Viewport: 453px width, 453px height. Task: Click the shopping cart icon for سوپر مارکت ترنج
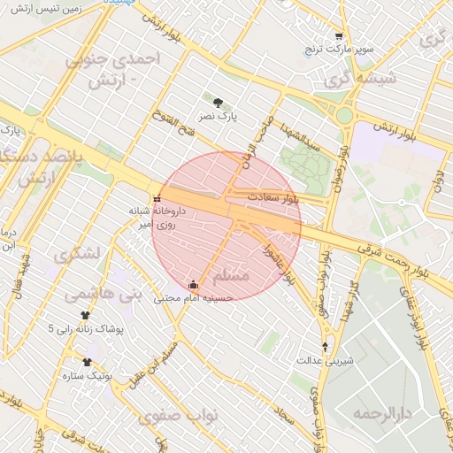point(339,36)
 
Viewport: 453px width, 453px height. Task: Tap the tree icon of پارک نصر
point(218,103)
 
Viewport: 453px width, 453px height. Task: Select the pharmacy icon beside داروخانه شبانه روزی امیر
point(157,198)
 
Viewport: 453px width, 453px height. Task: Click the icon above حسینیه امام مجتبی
point(194,284)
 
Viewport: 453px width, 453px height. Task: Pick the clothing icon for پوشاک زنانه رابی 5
point(86,315)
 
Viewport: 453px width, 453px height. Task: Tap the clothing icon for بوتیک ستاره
point(87,362)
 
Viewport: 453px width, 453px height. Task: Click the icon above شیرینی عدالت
point(326,347)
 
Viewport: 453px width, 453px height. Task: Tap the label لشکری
point(77,255)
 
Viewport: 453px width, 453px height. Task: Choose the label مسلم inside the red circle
point(231,277)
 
